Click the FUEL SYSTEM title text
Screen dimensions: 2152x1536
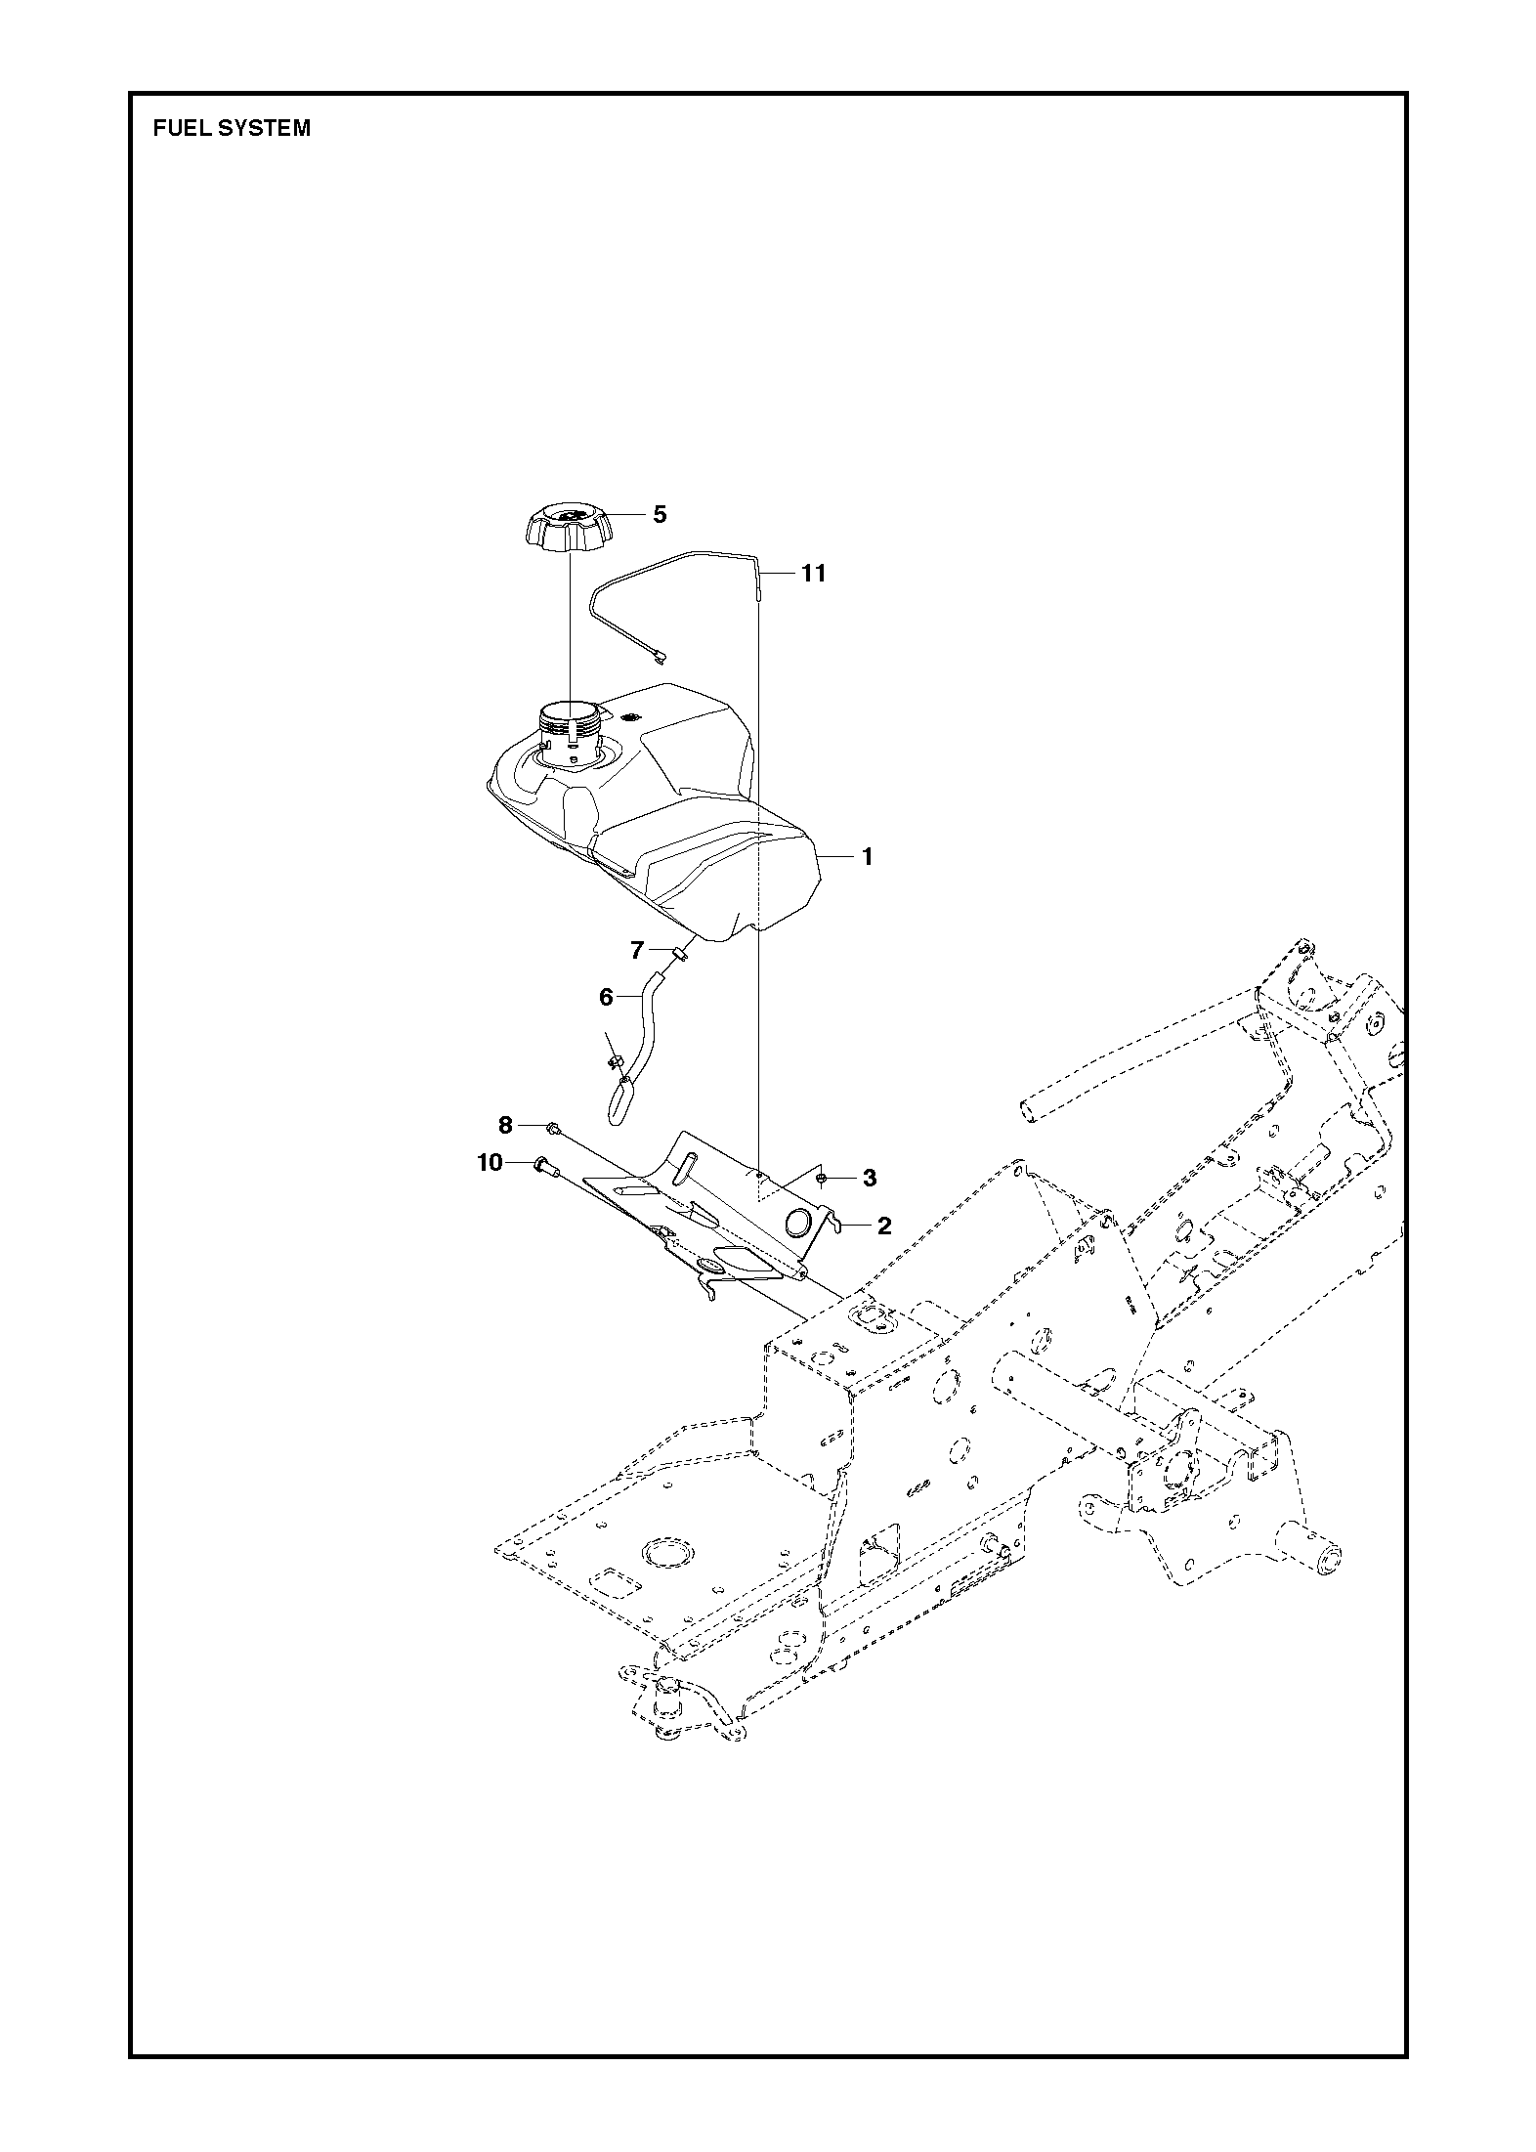232,128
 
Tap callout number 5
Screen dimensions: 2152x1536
660,514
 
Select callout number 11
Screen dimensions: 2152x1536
813,574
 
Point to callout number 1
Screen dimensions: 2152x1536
867,857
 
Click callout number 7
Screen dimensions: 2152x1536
637,949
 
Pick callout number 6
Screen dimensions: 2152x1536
606,997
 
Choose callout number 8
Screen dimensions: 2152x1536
505,1126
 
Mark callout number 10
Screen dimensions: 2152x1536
490,1162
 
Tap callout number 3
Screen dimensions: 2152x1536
870,1179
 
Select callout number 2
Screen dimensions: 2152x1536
884,1226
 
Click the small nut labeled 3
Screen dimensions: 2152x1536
823,1178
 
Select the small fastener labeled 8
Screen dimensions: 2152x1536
552,1129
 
